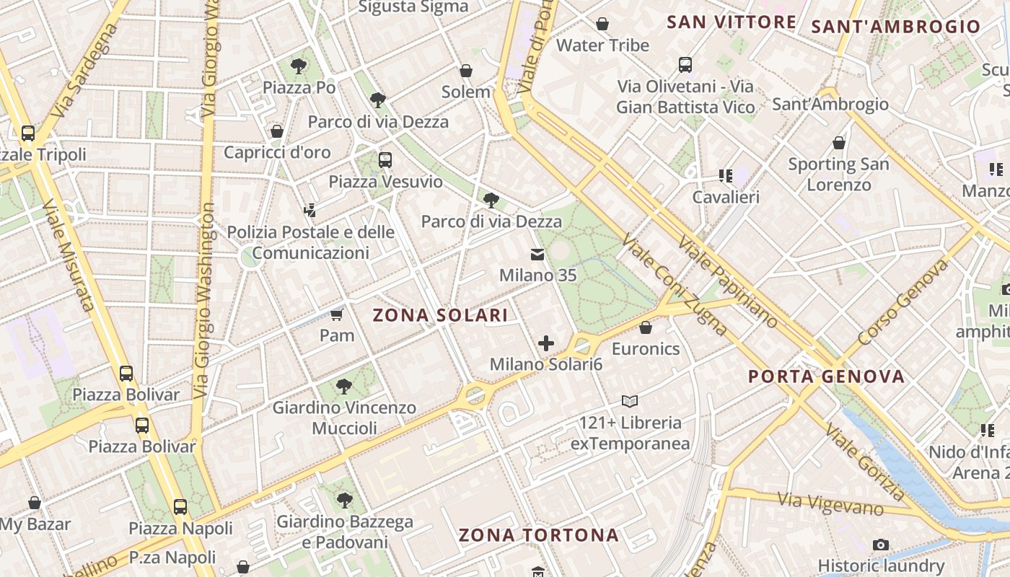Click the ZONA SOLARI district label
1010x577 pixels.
pyautogui.click(x=440, y=315)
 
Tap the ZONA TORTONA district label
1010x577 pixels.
pyautogui.click(x=539, y=535)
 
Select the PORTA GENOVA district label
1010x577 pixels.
pyautogui.click(x=826, y=376)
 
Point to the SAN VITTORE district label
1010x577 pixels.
pyautogui.click(x=731, y=22)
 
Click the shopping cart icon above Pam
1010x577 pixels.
pyautogui.click(x=337, y=314)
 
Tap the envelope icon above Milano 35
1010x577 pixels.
pyautogui.click(x=537, y=254)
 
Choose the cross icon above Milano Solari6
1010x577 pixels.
pyautogui.click(x=546, y=343)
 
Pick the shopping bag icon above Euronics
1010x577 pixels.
pyautogui.click(x=646, y=327)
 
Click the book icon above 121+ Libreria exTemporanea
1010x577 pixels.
pyautogui.click(x=630, y=401)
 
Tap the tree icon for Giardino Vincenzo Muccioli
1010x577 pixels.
pyautogui.click(x=344, y=387)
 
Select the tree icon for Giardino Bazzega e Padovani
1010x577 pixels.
pyautogui.click(x=345, y=500)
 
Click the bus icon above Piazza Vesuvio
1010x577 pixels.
pyautogui.click(x=385, y=159)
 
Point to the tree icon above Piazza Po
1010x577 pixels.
pyautogui.click(x=299, y=66)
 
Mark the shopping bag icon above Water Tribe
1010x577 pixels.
pyautogui.click(x=602, y=24)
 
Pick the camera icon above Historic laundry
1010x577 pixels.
pyautogui.click(x=880, y=545)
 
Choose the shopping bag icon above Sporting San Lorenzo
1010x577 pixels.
pyautogui.click(x=838, y=143)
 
